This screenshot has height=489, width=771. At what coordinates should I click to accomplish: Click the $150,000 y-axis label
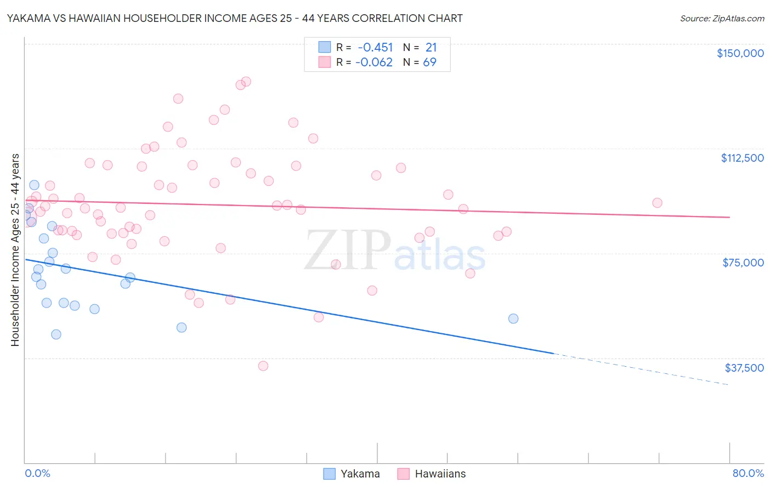740,53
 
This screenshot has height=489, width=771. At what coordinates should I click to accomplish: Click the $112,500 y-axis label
742,158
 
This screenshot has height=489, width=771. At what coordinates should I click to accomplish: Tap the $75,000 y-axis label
743,263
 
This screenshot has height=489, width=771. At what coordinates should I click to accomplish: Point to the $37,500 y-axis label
744,368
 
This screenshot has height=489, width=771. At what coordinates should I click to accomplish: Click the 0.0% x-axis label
37,473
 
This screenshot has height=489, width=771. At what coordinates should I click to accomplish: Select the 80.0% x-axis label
748,473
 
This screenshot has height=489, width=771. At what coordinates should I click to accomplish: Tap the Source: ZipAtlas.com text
722,18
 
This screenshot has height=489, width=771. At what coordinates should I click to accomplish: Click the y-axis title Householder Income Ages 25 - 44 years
15,250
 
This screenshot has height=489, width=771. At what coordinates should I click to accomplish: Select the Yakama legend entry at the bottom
352,474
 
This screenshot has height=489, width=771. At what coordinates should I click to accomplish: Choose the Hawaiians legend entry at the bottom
432,474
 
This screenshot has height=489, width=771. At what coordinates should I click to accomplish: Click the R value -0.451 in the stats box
375,47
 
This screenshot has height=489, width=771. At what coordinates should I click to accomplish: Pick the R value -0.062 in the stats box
374,62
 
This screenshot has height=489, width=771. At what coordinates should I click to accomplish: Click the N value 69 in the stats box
429,62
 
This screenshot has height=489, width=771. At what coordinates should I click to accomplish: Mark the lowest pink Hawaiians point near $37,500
263,366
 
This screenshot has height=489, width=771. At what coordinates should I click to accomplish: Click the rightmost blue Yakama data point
513,319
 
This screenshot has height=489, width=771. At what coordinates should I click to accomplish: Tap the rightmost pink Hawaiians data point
657,203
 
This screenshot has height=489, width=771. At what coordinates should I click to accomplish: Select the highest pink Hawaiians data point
246,81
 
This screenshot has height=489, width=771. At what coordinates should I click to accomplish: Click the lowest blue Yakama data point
56,334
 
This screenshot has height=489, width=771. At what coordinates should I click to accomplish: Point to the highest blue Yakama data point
34,185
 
